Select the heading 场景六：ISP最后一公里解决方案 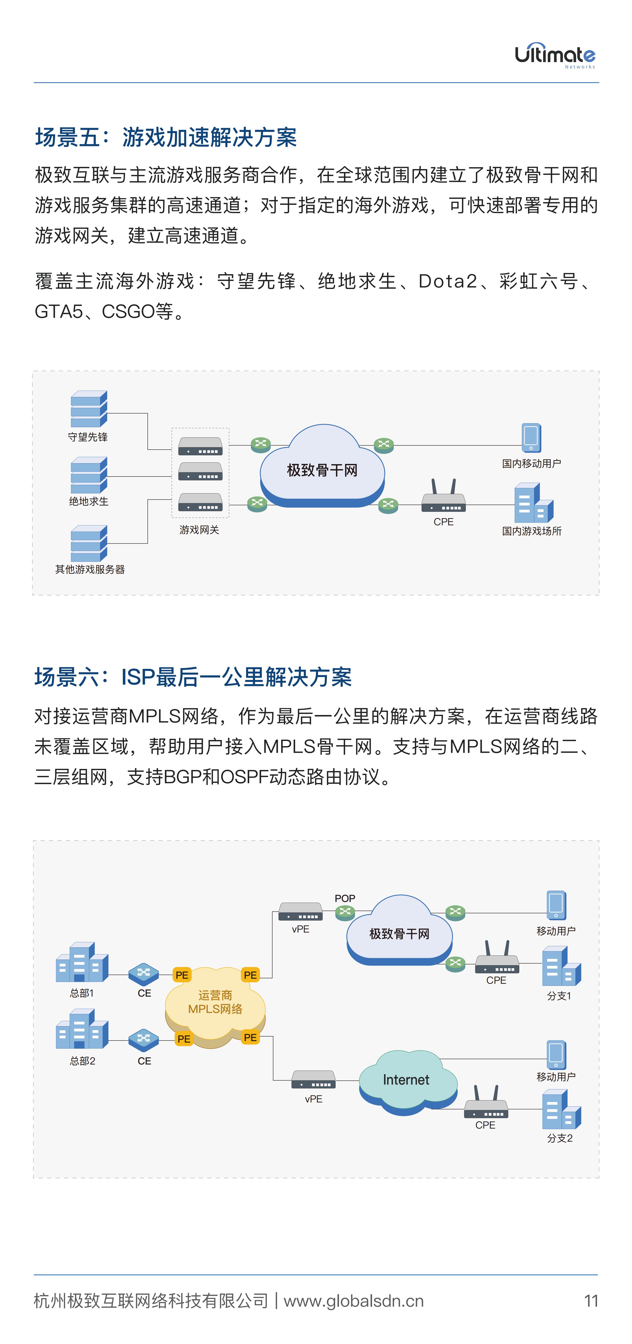[x=193, y=677]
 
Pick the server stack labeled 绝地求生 [x=89, y=475]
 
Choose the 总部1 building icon [x=82, y=963]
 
